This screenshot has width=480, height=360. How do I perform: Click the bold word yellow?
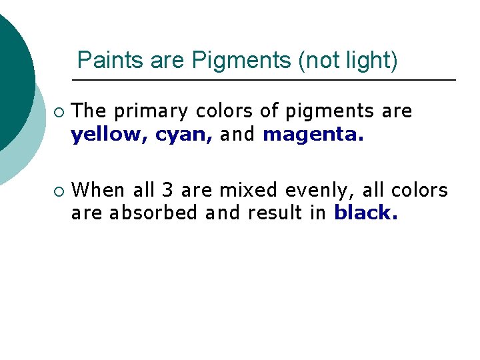[x=110, y=135]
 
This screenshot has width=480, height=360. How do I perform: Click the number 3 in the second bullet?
[x=168, y=191]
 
